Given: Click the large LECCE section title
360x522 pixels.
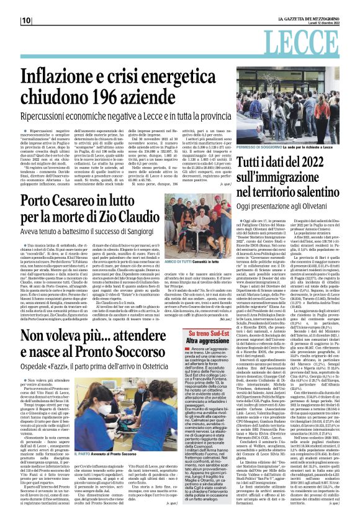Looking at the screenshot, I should tap(315, 47).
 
